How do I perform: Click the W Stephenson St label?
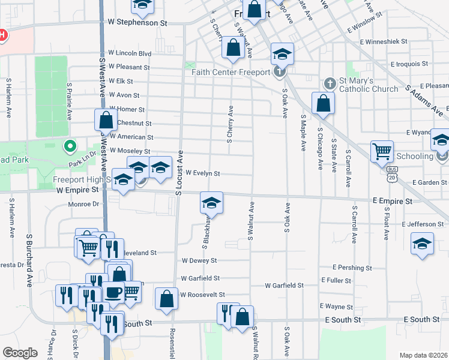137,22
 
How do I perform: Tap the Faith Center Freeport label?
230,73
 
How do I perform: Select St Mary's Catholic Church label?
369,85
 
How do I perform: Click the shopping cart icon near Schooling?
382,152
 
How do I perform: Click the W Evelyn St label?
203,173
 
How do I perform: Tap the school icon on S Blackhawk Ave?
211,203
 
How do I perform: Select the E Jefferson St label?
424,224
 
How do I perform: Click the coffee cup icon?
114,292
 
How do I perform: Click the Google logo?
20,353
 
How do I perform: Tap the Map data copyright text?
423,355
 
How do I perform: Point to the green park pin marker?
70,146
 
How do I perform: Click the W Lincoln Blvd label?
130,53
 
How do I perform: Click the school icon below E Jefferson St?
422,244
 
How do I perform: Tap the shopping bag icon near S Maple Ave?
323,103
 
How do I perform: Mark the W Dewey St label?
199,261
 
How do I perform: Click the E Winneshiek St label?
384,42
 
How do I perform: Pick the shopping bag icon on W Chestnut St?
106,119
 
